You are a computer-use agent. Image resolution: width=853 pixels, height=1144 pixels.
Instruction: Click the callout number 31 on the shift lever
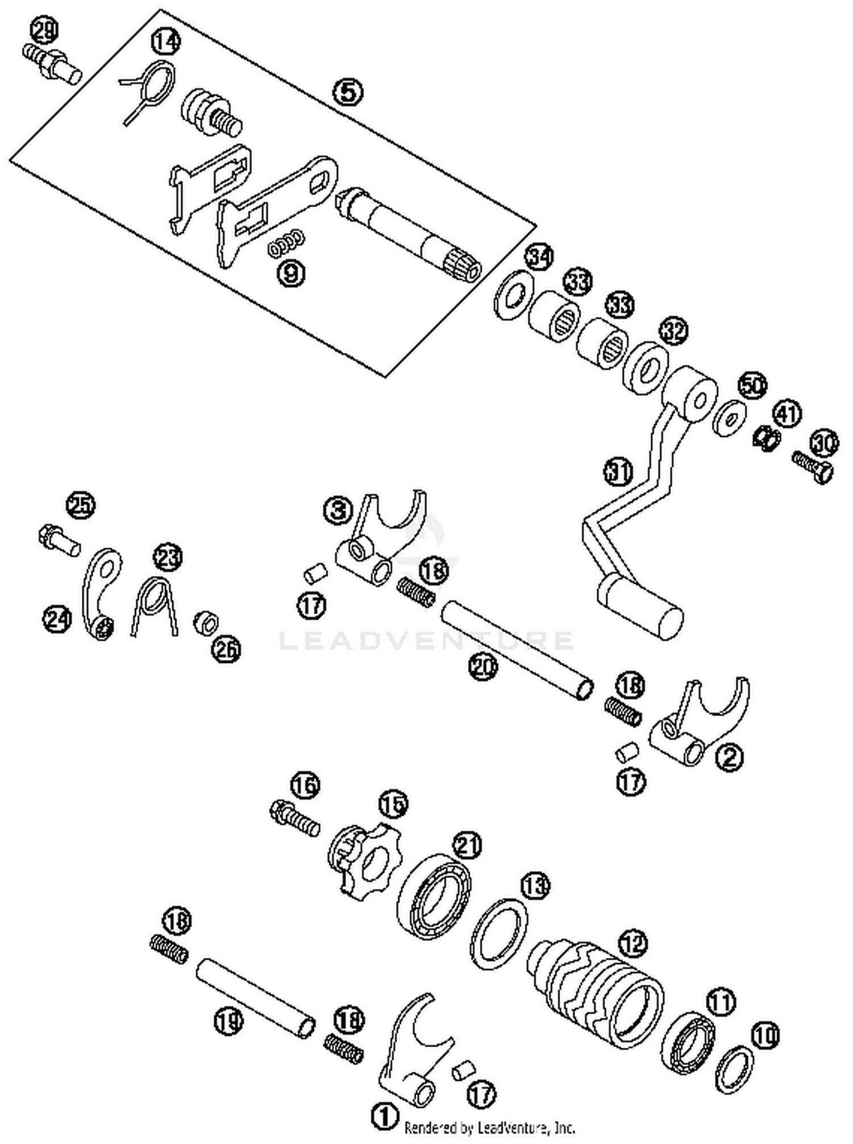coord(619,472)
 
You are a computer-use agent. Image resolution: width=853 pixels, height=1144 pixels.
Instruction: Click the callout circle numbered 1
coord(385,1116)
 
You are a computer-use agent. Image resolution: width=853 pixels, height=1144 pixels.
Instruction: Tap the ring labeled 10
coord(735,1068)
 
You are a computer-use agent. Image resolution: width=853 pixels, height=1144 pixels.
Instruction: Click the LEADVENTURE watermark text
coord(426,641)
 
